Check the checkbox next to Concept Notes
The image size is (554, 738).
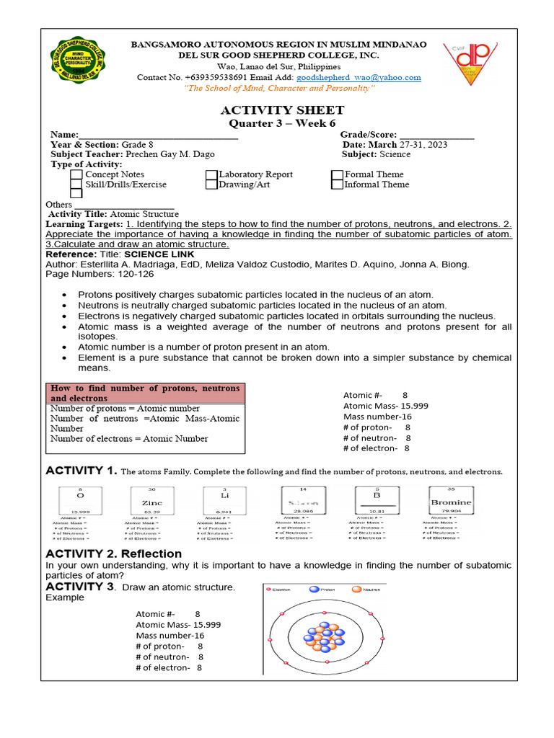pyautogui.click(x=76, y=174)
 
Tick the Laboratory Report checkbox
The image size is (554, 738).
pyautogui.click(x=211, y=174)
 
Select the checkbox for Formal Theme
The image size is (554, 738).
pyautogui.click(x=337, y=174)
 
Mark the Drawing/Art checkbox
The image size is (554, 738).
pyautogui.click(x=211, y=184)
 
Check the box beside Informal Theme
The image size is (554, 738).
pyautogui.click(x=337, y=184)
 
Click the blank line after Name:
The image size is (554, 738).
pyautogui.click(x=158, y=135)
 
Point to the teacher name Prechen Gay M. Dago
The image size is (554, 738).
pyautogui.click(x=170, y=154)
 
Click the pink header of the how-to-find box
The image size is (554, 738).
pyautogui.click(x=145, y=394)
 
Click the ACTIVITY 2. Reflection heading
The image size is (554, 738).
pyautogui.click(x=114, y=553)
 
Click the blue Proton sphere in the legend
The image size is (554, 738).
pyautogui.click(x=314, y=589)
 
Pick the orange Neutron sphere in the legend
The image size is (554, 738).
pyautogui.click(x=356, y=589)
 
